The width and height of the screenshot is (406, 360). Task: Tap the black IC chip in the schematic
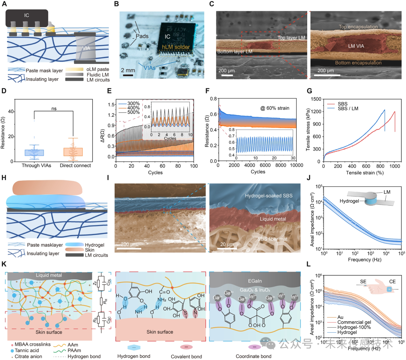[x=26, y=18]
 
